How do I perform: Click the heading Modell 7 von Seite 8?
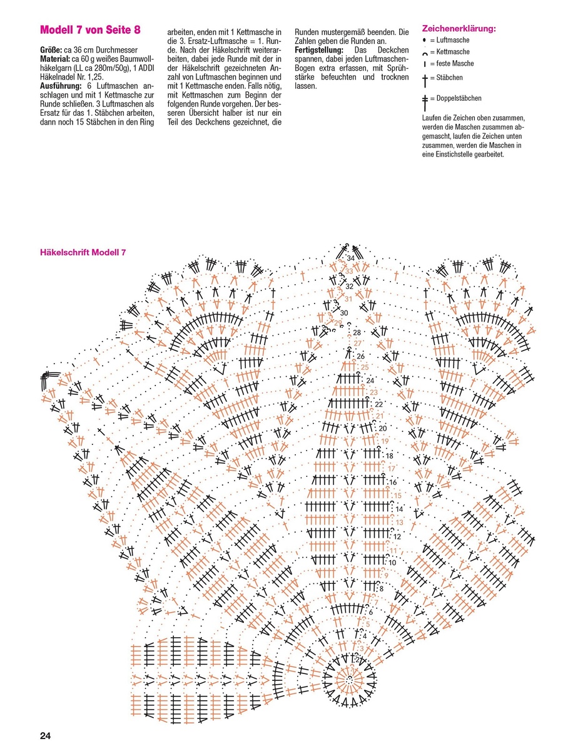click(x=90, y=30)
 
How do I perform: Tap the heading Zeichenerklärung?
click(x=459, y=29)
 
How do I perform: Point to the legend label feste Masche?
click(x=452, y=64)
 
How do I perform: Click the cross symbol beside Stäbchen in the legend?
click(x=424, y=79)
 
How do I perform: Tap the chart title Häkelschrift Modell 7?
click(x=83, y=252)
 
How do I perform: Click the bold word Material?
click(x=55, y=58)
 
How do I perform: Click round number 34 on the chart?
click(x=350, y=258)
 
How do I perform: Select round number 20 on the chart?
click(x=383, y=428)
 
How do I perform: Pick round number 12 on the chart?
click(x=396, y=536)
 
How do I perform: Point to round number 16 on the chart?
click(x=393, y=483)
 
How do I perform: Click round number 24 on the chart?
click(x=370, y=381)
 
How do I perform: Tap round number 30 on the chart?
click(x=344, y=313)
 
